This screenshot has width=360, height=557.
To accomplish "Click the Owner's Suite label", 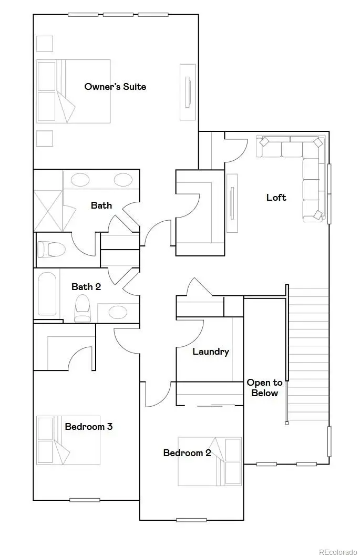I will coord(115,87).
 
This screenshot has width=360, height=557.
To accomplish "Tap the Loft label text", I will coord(276,198).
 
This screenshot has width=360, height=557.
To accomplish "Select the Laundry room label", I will coord(210,352).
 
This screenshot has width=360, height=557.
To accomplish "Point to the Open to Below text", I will coord(264,388).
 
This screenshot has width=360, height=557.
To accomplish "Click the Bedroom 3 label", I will coord(88,426).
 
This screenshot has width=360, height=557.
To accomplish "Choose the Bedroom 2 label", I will coord(187,452).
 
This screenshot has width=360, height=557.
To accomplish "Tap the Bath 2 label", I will coord(86,286).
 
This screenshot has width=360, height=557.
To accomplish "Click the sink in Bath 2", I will coord(117,313).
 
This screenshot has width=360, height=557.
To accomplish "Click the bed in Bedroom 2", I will coord(210,461).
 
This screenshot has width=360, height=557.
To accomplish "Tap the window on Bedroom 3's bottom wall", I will coord(85,500).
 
